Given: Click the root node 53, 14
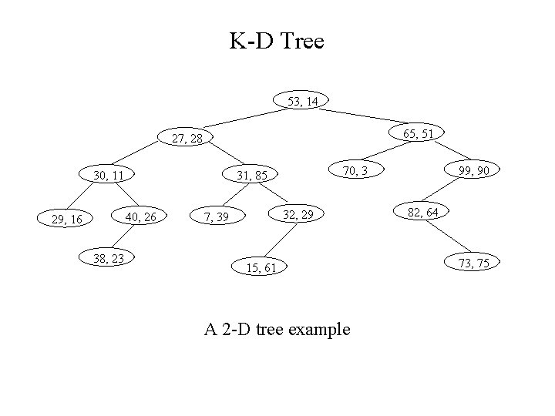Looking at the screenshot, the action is [302, 101].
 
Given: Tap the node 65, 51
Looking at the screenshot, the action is [418, 133].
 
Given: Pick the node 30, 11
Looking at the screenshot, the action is [109, 175].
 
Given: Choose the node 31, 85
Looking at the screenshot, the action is [251, 176].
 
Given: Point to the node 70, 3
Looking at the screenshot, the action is [355, 170].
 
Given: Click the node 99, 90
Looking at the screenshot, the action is [473, 170].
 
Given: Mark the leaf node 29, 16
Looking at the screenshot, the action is [66, 220].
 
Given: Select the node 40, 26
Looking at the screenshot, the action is [140, 216].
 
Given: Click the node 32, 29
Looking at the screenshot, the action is [298, 213].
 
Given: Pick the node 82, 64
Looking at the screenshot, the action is [422, 211].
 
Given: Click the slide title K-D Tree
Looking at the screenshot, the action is [277, 41].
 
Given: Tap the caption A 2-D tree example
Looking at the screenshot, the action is [277, 330].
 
